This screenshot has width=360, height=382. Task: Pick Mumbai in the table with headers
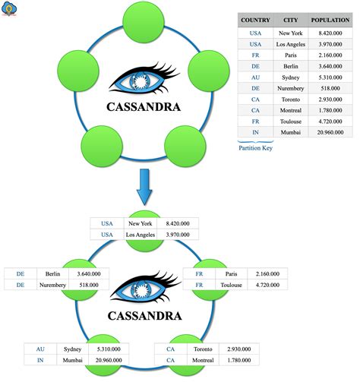tap(290, 131)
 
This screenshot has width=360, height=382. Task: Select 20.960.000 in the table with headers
tap(329, 131)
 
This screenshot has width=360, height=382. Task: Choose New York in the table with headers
tap(290, 33)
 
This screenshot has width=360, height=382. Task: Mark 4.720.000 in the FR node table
tap(264, 286)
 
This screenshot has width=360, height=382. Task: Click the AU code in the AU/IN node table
tap(39, 349)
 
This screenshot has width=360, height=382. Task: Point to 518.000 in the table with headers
tap(329, 88)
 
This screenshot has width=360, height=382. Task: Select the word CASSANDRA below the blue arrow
tap(143, 314)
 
